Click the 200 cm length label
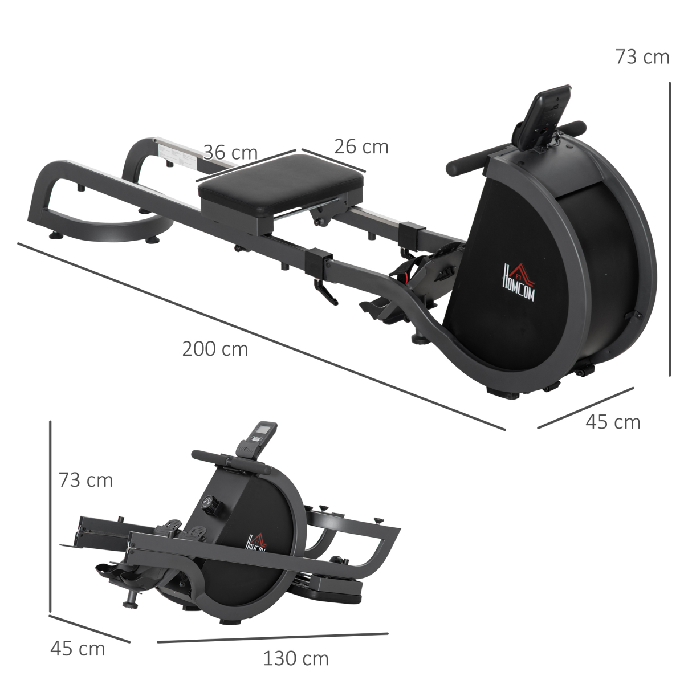pos(215,348)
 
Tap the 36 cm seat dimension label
pos(230,153)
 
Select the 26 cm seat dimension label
pos(361,146)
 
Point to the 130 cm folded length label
pos(295,658)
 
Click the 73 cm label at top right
pos(642,57)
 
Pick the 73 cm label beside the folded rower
pos(85,480)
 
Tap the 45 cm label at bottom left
pos(78,648)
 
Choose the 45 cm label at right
pos(613,422)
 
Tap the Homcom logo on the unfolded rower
pos(518,280)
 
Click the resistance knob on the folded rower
pos(211,505)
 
